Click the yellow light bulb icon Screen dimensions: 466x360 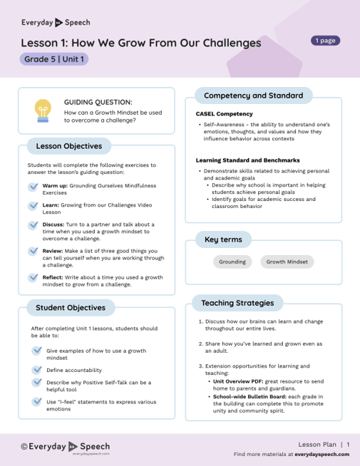tap(42, 110)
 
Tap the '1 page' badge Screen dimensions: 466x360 tap(325, 41)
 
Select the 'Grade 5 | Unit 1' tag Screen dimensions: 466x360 tap(54, 59)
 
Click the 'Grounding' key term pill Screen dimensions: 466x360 tap(232, 262)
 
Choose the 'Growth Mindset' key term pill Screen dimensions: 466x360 tap(287, 262)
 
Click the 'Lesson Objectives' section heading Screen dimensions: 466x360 tap(68, 146)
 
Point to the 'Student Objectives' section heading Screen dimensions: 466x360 tap(70, 308)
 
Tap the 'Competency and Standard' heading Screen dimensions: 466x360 tap(253, 95)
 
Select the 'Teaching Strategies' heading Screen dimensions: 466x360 tap(237, 303)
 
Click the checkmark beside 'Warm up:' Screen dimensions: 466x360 tap(34, 186)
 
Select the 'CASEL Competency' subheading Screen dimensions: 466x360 tap(224, 113)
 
